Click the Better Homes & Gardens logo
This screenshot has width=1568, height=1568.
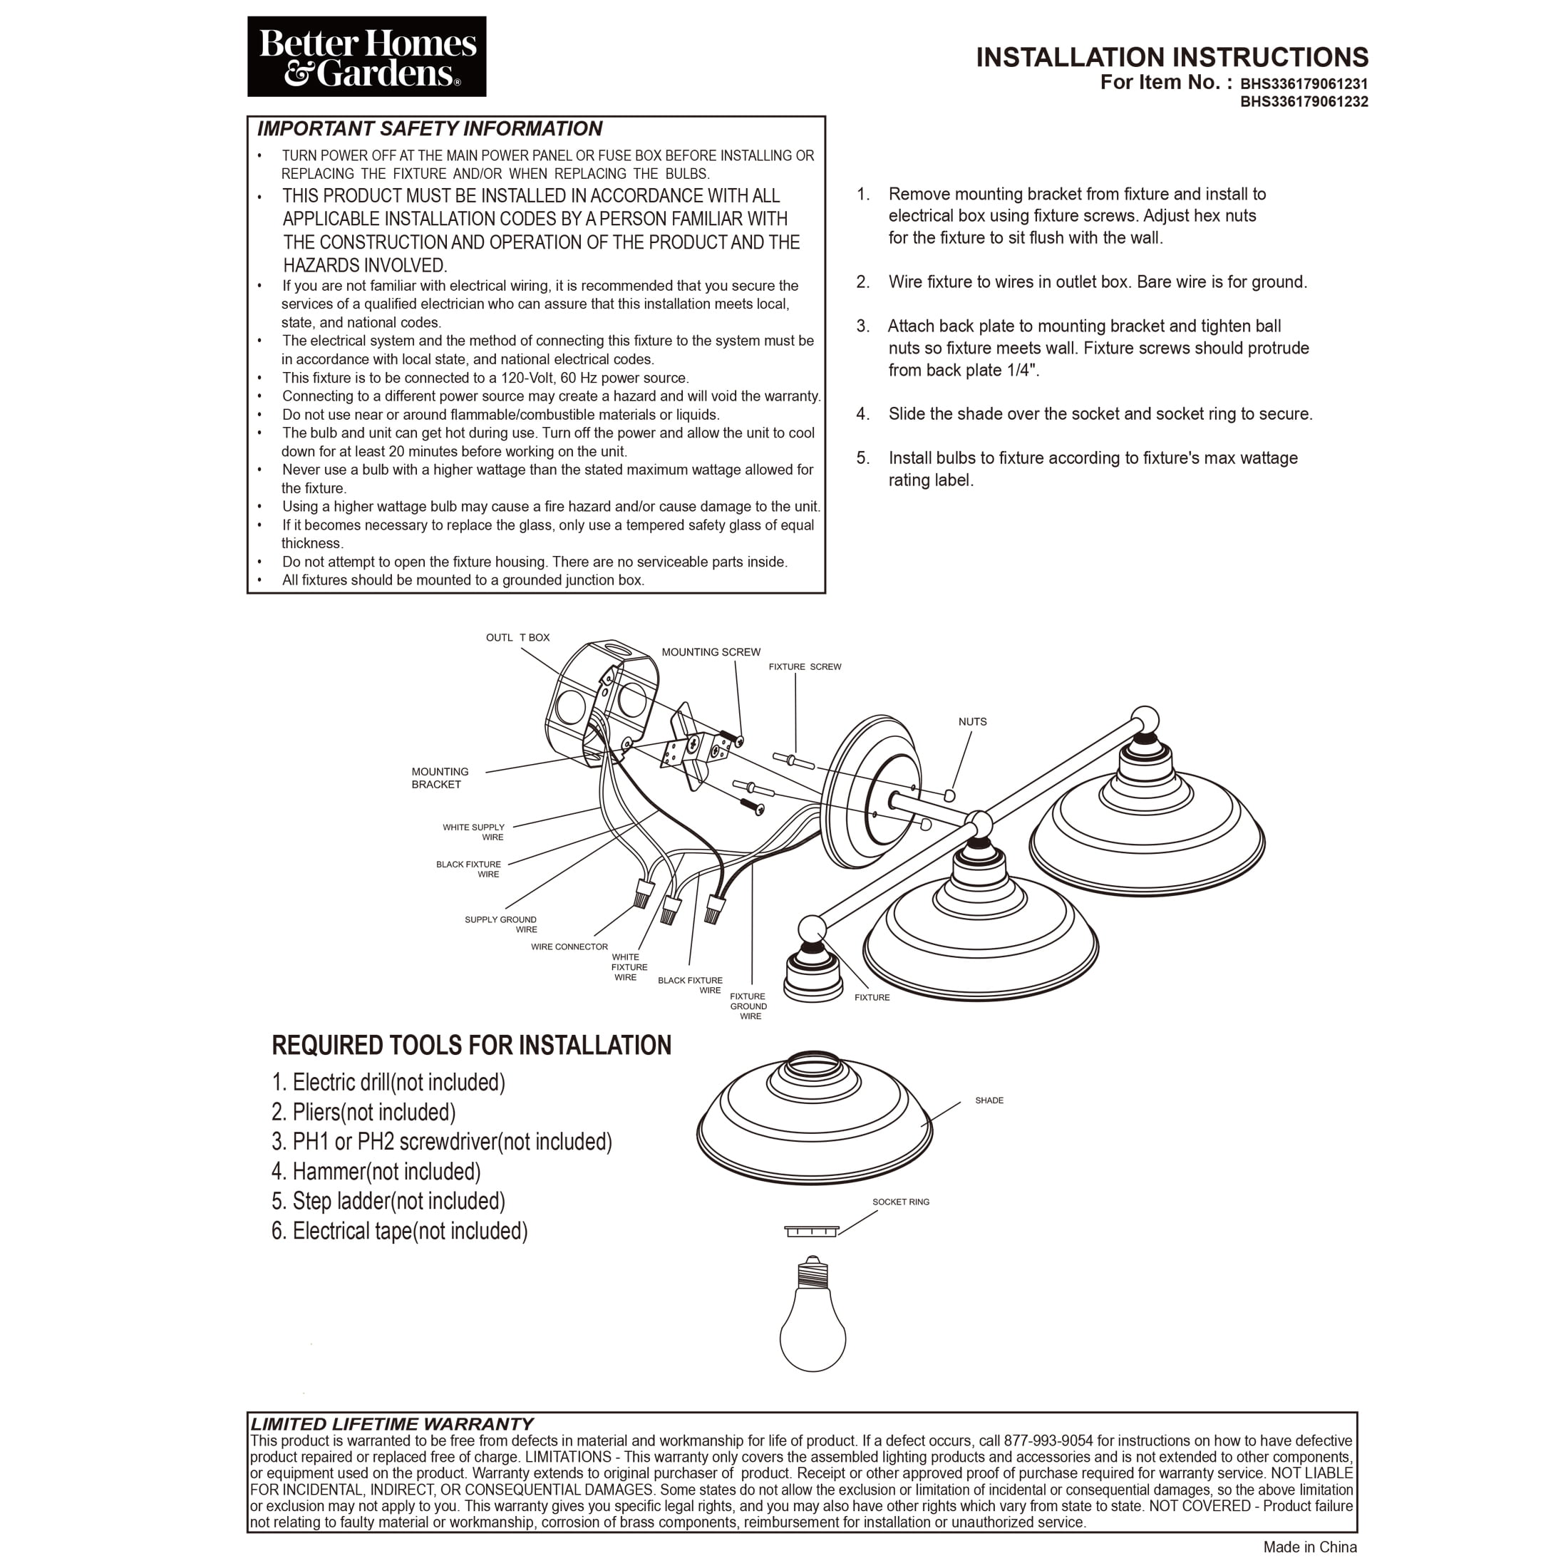tap(367, 57)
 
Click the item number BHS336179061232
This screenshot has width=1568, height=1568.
tap(1304, 102)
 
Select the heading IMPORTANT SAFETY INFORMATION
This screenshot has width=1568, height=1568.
tap(429, 129)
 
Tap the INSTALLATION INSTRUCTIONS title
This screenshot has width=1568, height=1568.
tap(1172, 58)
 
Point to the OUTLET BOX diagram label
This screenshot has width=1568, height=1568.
tap(518, 638)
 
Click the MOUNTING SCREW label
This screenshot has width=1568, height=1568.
tap(711, 651)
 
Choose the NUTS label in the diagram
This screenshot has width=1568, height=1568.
tap(972, 721)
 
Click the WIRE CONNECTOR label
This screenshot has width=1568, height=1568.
tap(569, 947)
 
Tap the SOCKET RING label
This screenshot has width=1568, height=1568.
tap(901, 1202)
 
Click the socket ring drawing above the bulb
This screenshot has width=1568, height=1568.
tap(811, 1232)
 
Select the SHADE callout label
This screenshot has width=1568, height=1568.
tap(989, 1100)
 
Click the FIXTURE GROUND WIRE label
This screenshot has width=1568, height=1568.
tap(748, 1006)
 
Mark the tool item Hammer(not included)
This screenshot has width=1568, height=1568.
tap(376, 1172)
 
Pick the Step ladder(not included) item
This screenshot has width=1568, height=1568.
tap(388, 1201)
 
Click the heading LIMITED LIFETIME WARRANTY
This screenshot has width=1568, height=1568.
tap(392, 1423)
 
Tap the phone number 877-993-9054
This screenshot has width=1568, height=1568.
tap(1048, 1440)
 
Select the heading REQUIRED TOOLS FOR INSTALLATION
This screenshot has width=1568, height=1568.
tap(472, 1046)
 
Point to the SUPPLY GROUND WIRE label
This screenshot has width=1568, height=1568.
tap(501, 924)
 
